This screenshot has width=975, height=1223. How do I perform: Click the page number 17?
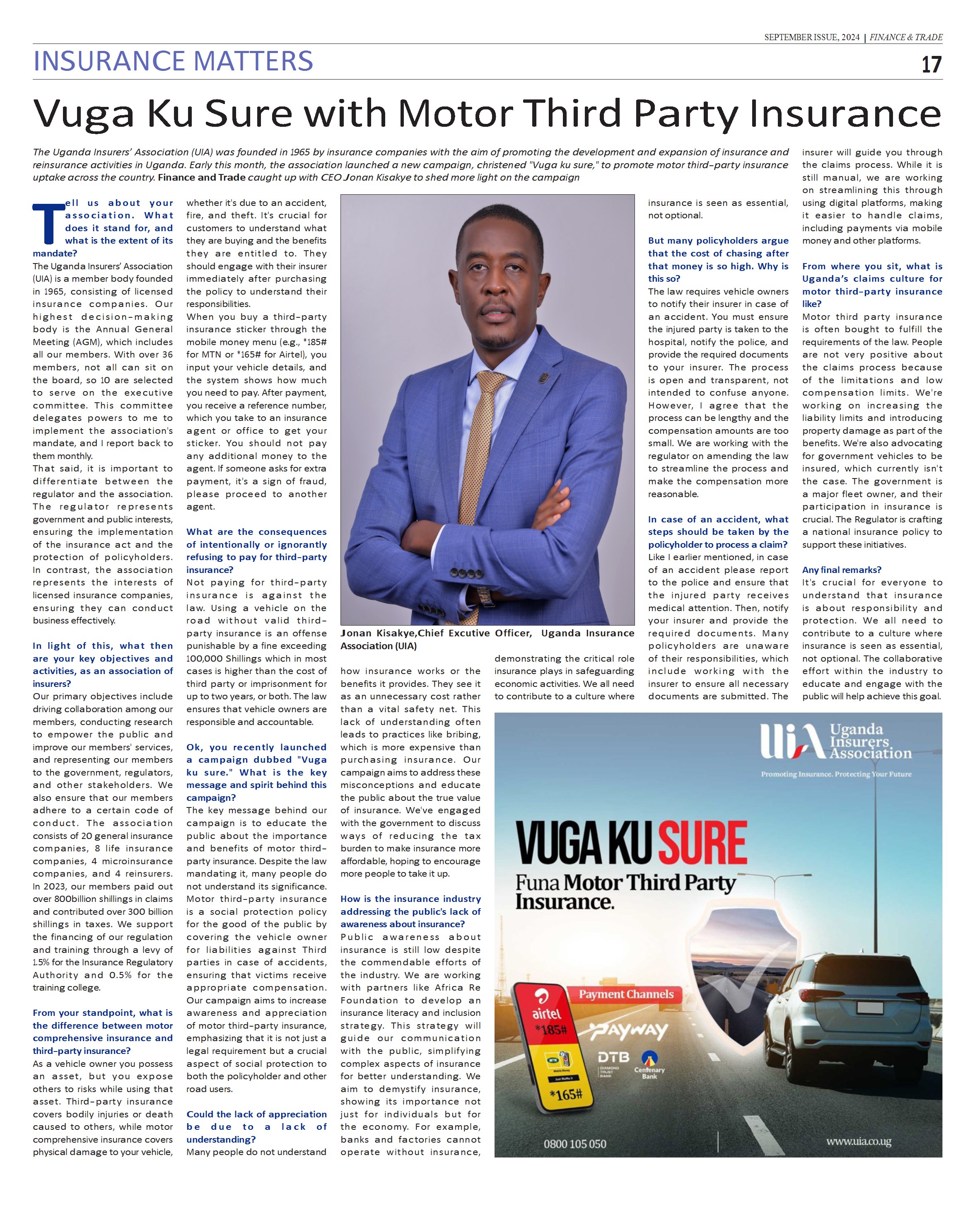coord(931,64)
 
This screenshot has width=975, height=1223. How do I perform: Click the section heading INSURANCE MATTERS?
coord(173,61)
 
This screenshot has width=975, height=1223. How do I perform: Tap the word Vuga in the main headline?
coord(84,114)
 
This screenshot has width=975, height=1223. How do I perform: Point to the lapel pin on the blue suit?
coord(545,378)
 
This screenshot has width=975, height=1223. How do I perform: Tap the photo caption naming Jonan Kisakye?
coord(487,639)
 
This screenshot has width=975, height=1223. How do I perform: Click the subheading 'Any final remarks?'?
coord(841,570)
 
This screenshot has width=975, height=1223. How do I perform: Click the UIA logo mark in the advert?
coord(791,742)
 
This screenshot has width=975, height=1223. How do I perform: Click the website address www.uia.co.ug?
coord(858,1141)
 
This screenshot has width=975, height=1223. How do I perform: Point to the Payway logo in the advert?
coord(628,1030)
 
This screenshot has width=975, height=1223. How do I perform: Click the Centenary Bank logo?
coord(649,1065)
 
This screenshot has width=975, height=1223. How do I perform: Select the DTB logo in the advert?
coord(613,1057)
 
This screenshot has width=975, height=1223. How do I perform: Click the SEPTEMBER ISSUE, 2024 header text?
coord(812,37)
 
